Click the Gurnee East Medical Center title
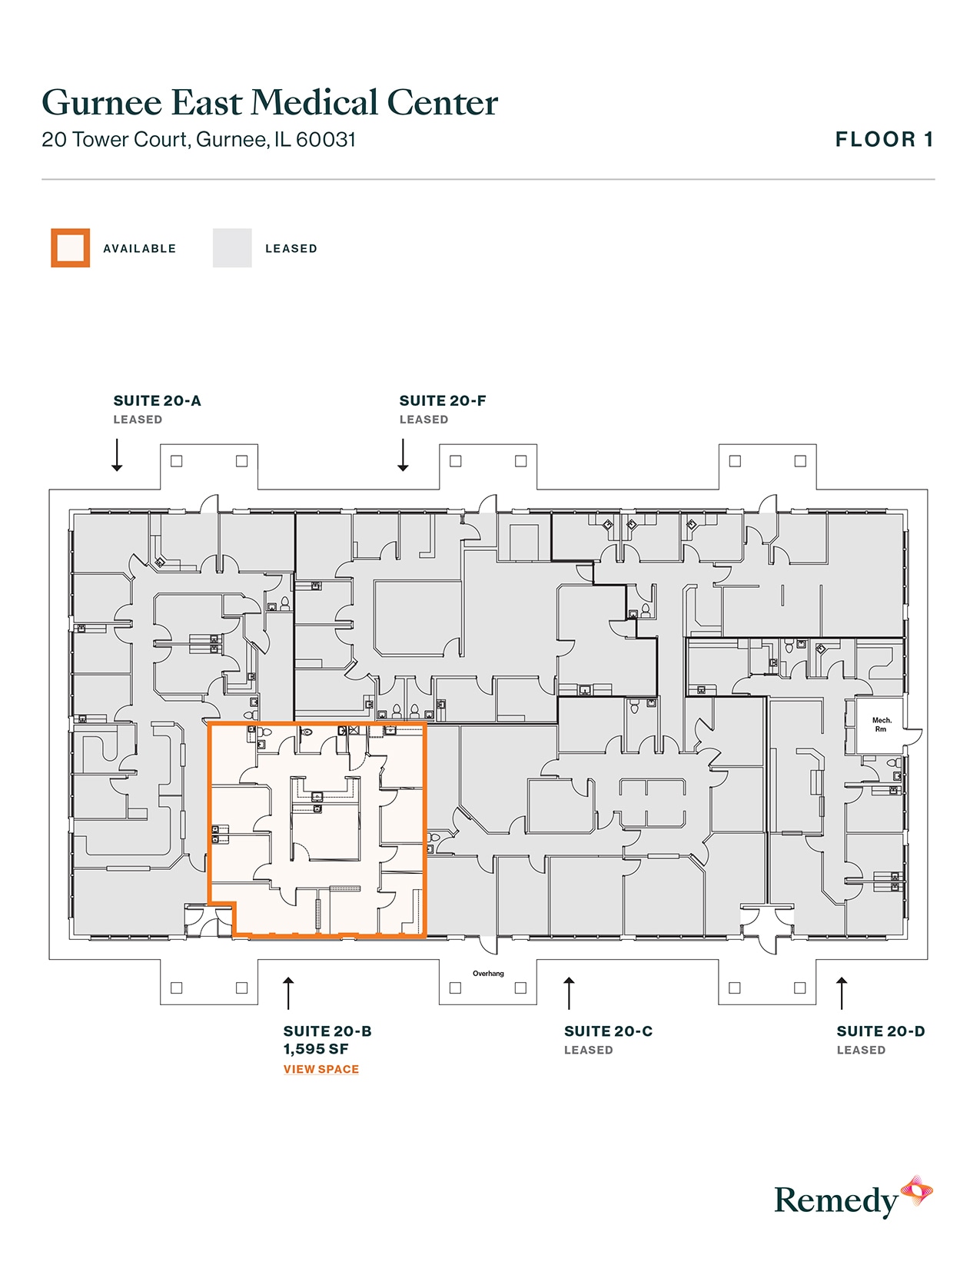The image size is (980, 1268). pyautogui.click(x=270, y=103)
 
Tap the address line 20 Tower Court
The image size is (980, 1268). pyautogui.click(x=198, y=140)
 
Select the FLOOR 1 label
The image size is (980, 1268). pyautogui.click(x=884, y=140)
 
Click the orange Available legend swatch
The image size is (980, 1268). pyautogui.click(x=71, y=248)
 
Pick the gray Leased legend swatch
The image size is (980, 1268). pyautogui.click(x=232, y=248)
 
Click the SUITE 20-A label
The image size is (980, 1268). pyautogui.click(x=157, y=400)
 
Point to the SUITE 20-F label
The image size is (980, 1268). pyautogui.click(x=443, y=400)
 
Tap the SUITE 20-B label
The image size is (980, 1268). pyautogui.click(x=327, y=1031)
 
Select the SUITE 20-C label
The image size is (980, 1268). pyautogui.click(x=608, y=1031)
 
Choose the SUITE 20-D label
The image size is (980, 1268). pyautogui.click(x=881, y=1031)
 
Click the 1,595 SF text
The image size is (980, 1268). pyautogui.click(x=316, y=1049)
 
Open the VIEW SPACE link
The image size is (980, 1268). pyautogui.click(x=321, y=1069)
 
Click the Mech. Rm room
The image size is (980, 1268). pyautogui.click(x=881, y=725)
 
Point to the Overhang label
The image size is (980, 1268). pyautogui.click(x=488, y=974)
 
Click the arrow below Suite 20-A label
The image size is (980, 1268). pyautogui.click(x=117, y=455)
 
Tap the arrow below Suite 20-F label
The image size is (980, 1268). pyautogui.click(x=403, y=455)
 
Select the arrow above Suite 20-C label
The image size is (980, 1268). pyautogui.click(x=569, y=993)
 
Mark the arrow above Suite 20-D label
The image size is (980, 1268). pyautogui.click(x=842, y=993)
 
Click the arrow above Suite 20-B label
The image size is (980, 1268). pyautogui.click(x=288, y=993)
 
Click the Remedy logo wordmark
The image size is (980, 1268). pyautogui.click(x=835, y=1201)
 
